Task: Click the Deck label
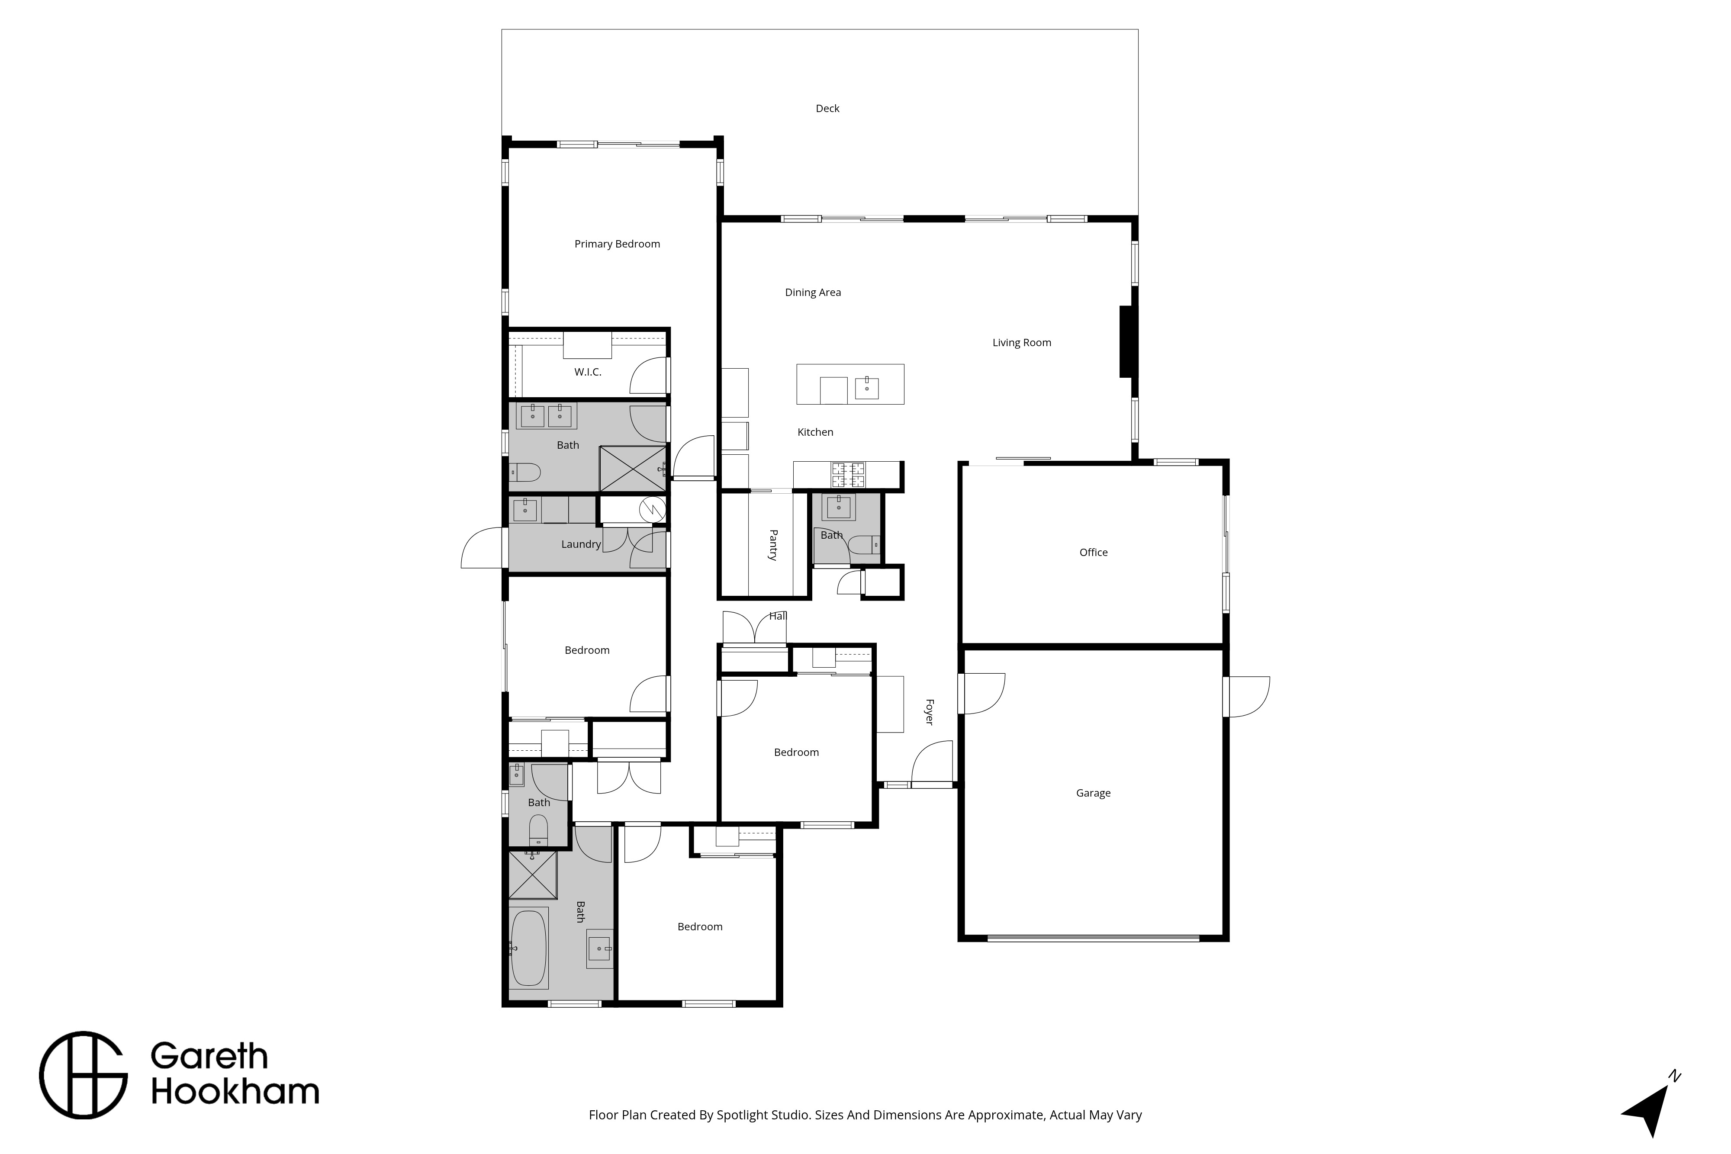pyautogui.click(x=827, y=108)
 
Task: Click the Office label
pyautogui.click(x=1093, y=553)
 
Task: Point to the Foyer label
pyautogui.click(x=929, y=712)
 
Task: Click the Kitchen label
pyautogui.click(x=815, y=432)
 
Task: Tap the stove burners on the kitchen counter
pyautogui.click(x=849, y=475)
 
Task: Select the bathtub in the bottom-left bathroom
pyautogui.click(x=528, y=948)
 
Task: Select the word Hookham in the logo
pyautogui.click(x=235, y=1092)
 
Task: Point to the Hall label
pyautogui.click(x=778, y=616)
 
